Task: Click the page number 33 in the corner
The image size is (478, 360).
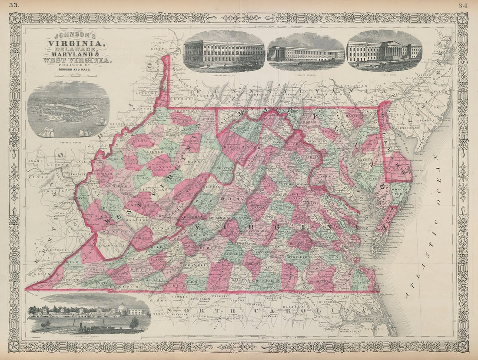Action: tap(14, 5)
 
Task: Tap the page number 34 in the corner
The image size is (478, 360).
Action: tap(463, 5)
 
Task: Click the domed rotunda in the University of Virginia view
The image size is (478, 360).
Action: tap(121, 308)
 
